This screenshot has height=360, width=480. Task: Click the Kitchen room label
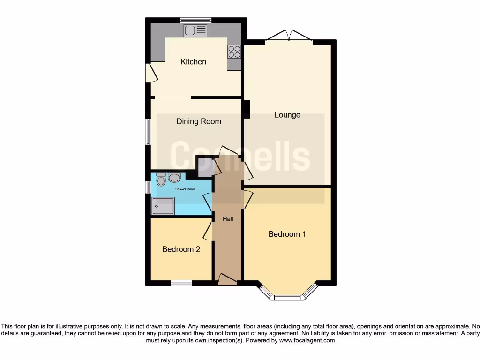[193, 62]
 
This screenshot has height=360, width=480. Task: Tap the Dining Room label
[199, 121]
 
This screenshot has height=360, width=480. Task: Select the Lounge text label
[287, 115]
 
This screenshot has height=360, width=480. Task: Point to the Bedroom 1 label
[287, 234]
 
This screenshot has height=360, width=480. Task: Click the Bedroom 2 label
[181, 249]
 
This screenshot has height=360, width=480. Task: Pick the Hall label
[227, 219]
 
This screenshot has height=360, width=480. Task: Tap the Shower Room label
[185, 189]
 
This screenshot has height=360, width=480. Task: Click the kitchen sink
[195, 31]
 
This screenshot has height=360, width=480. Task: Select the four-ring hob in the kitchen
[234, 52]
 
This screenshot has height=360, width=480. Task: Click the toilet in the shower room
[161, 180]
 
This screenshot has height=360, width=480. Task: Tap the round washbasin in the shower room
[174, 177]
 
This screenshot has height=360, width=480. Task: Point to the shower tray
[163, 205]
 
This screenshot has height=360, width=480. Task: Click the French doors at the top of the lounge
[289, 37]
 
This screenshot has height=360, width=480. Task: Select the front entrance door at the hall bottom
[227, 280]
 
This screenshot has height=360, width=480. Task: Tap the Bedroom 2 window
[181, 283]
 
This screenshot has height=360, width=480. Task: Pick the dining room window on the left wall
[148, 132]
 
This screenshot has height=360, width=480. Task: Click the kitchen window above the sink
[195, 20]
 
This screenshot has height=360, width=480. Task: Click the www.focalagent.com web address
[307, 341]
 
